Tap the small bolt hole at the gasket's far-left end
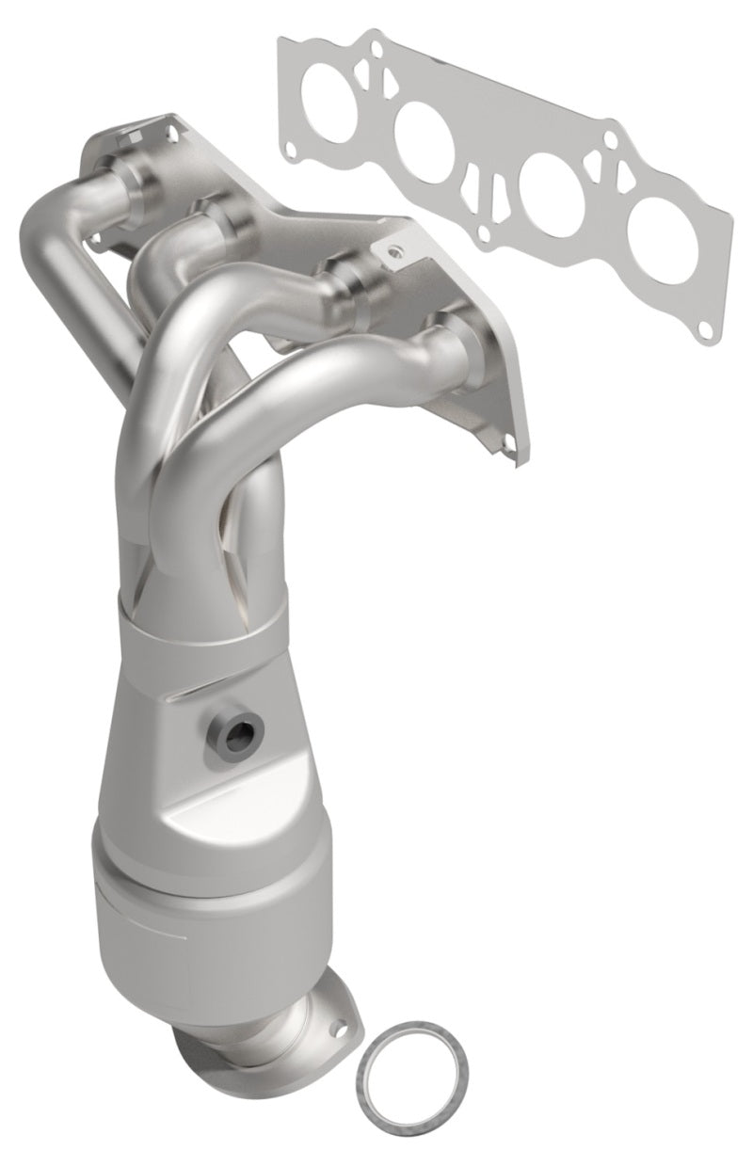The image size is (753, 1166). (x=291, y=147)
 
